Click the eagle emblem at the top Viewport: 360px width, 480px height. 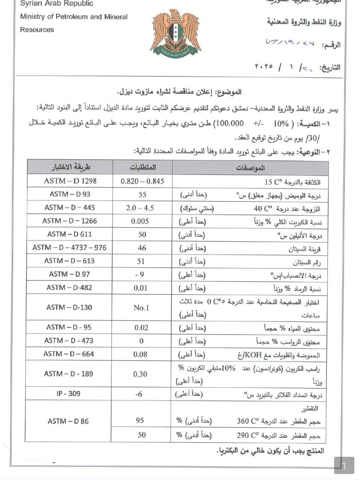tap(175, 34)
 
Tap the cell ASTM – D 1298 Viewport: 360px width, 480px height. tap(70, 181)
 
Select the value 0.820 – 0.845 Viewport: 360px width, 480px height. tap(142, 181)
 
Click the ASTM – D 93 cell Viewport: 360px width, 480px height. tap(70, 194)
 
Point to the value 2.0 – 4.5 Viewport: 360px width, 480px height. tap(140, 208)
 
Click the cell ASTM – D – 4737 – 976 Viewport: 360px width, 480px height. tap(69, 247)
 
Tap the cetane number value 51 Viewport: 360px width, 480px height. tap(141, 261)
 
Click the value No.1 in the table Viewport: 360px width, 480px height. tap(141, 308)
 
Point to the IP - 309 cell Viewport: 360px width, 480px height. tap(69, 394)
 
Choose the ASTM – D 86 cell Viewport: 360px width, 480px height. tap(68, 421)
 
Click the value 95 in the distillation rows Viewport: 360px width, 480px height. tap(140, 420)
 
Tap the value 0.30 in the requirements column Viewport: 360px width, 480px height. tap(140, 374)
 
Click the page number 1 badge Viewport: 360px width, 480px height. tap(344, 466)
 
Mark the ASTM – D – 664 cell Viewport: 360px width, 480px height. tap(69, 354)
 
